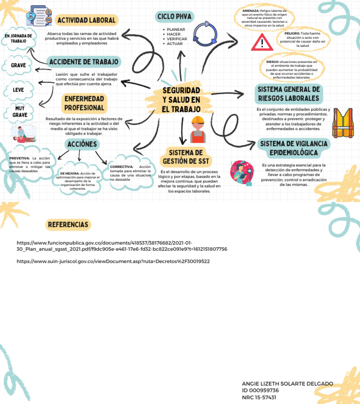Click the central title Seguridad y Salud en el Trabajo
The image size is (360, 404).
(x=181, y=99)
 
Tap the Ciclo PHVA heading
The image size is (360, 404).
(x=174, y=17)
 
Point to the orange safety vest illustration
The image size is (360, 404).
(x=345, y=123)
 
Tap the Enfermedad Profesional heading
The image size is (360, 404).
(x=84, y=103)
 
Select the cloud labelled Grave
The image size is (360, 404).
(x=19, y=65)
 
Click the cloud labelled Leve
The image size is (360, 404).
(x=18, y=90)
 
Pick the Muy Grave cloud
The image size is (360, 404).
(x=20, y=112)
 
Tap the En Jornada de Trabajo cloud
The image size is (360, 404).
(x=18, y=38)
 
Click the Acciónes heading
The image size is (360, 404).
(x=82, y=144)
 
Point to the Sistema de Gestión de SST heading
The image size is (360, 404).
(x=186, y=157)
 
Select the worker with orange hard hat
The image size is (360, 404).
(x=198, y=129)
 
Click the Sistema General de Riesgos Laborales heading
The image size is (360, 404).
(x=289, y=94)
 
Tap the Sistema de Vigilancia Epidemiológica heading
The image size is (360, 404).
(x=293, y=148)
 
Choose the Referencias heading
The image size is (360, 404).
(x=68, y=225)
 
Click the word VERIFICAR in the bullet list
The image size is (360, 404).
(x=177, y=38)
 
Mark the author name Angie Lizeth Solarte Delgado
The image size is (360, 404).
(x=287, y=384)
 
